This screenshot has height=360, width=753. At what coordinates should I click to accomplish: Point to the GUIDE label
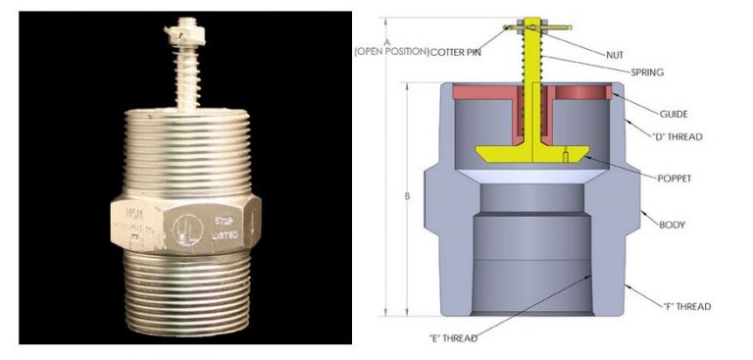click(x=646, y=113)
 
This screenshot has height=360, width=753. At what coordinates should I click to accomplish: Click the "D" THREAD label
click(x=677, y=136)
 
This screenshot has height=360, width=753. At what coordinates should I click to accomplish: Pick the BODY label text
click(x=672, y=225)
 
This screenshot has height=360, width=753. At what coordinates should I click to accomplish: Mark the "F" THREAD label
click(x=685, y=306)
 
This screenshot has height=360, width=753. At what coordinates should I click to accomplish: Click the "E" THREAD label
click(x=454, y=338)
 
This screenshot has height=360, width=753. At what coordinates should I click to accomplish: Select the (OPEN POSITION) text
click(x=390, y=51)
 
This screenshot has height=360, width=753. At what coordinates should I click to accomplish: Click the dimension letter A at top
click(x=388, y=40)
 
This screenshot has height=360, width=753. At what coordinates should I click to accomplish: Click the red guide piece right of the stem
click(x=582, y=94)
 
